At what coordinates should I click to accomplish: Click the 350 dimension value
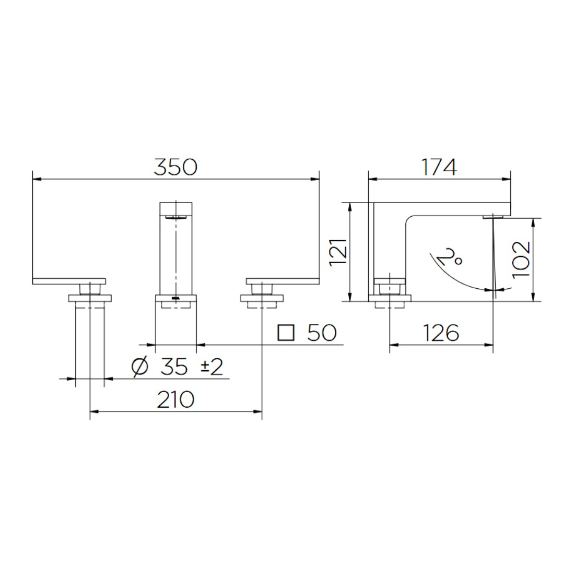(x=175, y=167)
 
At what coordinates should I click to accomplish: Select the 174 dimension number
(x=440, y=167)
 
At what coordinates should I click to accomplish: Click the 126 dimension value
(x=441, y=333)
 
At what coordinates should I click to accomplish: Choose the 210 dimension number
(x=175, y=399)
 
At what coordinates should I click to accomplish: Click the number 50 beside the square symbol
(x=322, y=333)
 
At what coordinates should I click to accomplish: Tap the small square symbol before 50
(x=286, y=333)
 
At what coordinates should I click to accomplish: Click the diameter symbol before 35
(x=139, y=367)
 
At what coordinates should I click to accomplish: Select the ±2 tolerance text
(x=212, y=367)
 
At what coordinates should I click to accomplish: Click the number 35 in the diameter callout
(x=174, y=367)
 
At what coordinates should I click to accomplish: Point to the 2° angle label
(x=450, y=256)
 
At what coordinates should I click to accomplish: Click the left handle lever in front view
(x=69, y=281)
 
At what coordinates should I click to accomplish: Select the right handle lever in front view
(x=283, y=281)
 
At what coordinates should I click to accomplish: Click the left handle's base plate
(x=90, y=298)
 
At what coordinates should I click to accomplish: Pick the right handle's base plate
(x=262, y=298)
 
